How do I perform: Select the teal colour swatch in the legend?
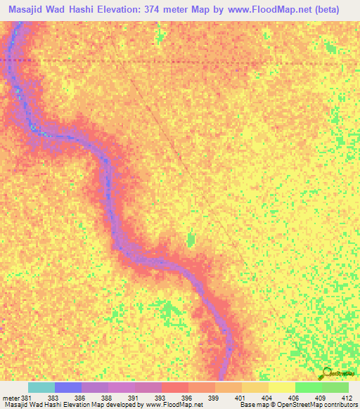point(41,387)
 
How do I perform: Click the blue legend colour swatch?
point(67,387)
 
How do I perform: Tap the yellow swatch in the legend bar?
point(281,387)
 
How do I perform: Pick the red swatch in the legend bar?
point(174,387)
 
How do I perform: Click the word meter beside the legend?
point(11,398)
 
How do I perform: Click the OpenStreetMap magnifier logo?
point(326,374)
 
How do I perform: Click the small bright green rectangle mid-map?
point(191,240)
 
